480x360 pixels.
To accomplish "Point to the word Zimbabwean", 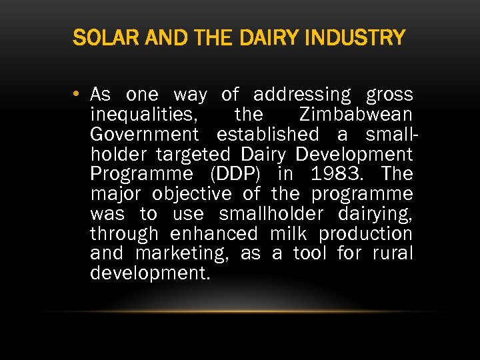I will [356, 115].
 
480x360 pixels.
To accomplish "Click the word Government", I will [144, 135].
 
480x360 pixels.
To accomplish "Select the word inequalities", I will [143, 115].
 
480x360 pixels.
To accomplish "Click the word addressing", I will [301, 95].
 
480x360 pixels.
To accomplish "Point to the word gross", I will [389, 95].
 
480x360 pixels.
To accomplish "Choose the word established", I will [268, 135].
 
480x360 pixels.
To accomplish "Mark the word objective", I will [192, 195].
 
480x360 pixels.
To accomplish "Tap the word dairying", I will [375, 215].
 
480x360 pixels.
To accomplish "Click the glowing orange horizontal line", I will [240, 311].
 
